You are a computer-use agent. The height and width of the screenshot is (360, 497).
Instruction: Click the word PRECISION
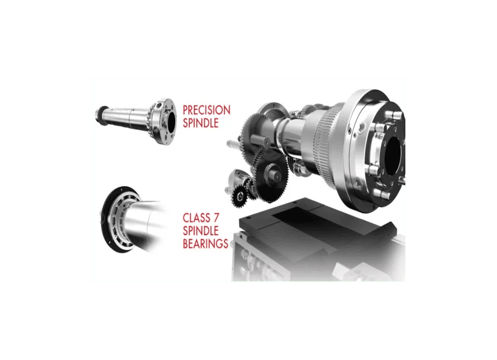tap(206, 110)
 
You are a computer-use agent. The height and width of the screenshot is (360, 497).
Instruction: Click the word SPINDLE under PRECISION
tap(201, 123)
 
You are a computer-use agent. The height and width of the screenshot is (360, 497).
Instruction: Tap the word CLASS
tap(196, 218)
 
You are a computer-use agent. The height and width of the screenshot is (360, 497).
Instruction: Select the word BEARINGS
tap(205, 243)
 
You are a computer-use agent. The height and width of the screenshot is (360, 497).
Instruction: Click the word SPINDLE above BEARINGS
tap(201, 231)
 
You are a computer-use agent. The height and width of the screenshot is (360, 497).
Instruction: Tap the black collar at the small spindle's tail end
tap(102, 112)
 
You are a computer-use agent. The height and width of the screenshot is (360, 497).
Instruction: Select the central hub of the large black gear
tap(272, 172)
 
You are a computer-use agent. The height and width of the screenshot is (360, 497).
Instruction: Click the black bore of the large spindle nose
tap(393, 156)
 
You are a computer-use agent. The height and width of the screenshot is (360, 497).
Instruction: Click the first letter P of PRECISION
tap(185, 110)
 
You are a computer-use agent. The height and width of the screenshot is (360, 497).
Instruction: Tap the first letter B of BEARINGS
tap(186, 243)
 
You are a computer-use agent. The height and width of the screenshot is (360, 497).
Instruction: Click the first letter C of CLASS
tap(186, 218)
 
